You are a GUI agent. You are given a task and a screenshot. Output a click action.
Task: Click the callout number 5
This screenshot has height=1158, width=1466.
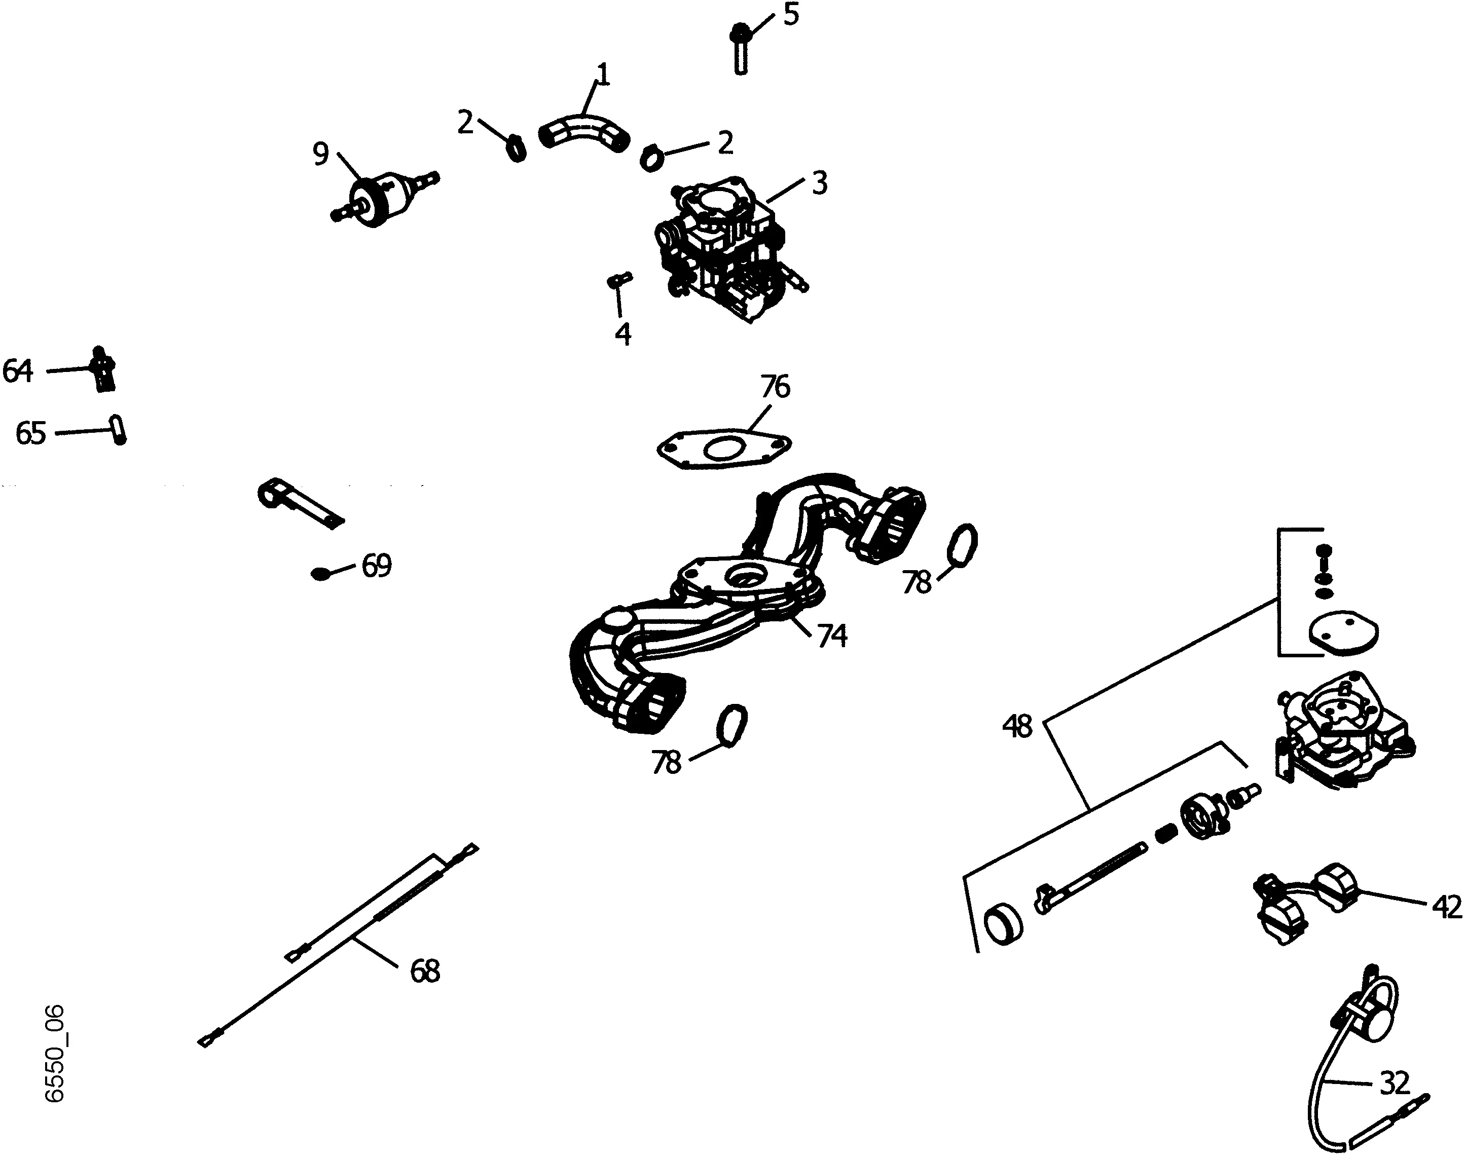pyautogui.click(x=791, y=14)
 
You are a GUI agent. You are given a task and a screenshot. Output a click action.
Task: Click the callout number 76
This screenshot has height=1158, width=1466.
pyautogui.click(x=775, y=387)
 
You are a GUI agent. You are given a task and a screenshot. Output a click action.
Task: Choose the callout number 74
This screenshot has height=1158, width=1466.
pyautogui.click(x=832, y=636)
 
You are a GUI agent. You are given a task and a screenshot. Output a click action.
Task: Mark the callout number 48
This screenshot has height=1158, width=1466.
pyautogui.click(x=1017, y=727)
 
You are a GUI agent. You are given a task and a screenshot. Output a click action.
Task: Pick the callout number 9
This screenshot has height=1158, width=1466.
pyautogui.click(x=321, y=154)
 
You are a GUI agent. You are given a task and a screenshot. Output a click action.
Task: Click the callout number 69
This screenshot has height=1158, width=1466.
pyautogui.click(x=376, y=566)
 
